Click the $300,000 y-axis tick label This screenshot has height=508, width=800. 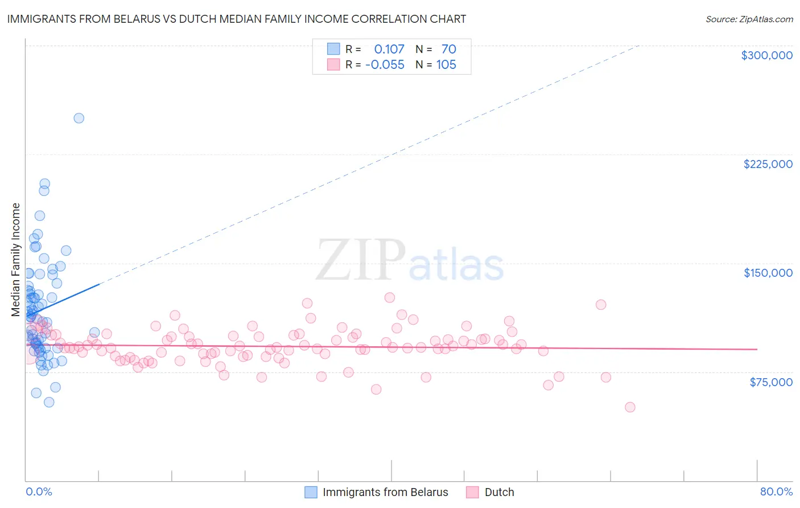[766, 55]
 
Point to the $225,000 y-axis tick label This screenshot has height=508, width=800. [768, 164]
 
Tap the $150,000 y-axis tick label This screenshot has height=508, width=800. [768, 273]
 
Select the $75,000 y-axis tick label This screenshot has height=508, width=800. [770, 382]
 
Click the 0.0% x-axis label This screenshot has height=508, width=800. [39, 491]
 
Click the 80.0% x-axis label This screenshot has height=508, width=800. [776, 491]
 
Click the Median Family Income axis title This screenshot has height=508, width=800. [16, 260]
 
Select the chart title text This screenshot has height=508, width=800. [236, 19]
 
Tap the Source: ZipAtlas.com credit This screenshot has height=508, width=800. [749, 19]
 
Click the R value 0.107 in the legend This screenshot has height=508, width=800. [389, 49]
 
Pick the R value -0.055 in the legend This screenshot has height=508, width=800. [385, 64]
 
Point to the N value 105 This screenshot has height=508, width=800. [446, 64]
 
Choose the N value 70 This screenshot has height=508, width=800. [448, 49]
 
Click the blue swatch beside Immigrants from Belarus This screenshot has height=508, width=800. [311, 492]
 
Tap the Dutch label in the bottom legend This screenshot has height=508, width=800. [499, 492]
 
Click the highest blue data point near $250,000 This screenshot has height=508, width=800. [79, 118]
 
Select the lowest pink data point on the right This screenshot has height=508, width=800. [630, 407]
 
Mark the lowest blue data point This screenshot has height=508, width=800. [49, 402]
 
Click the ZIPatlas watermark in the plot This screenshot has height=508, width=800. [410, 261]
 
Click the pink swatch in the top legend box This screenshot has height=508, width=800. [333, 64]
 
